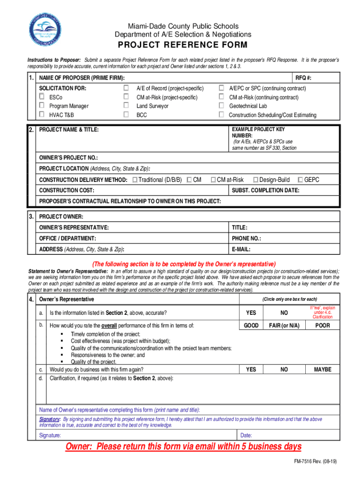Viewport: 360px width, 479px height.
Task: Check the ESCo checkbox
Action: pos(42,97)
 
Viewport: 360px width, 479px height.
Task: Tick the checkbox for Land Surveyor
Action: pos(126,106)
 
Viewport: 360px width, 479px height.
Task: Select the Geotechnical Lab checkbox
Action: pos(222,106)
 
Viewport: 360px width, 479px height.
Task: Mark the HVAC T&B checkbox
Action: pos(42,115)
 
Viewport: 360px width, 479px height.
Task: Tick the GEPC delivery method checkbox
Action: pos(300,180)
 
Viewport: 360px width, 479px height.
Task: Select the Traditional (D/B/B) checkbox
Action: pos(135,180)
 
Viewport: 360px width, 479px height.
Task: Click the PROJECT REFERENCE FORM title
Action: pos(182,45)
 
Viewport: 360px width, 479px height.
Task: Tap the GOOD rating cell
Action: pos(251,326)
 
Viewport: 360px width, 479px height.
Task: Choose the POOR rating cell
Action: pos(322,326)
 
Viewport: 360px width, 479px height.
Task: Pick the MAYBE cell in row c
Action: pos(322,370)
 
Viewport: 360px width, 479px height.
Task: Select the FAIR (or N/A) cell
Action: pos(284,326)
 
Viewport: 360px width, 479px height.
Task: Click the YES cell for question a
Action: pos(251,312)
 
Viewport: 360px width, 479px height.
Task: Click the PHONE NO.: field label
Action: pos(246,239)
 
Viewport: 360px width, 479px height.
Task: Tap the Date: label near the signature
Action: pos(246,435)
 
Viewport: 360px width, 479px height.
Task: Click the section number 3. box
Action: pos(31,217)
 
